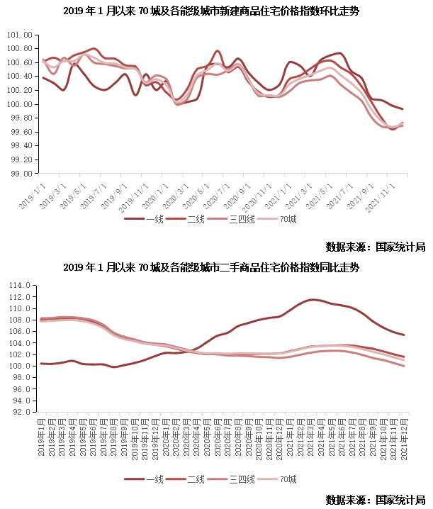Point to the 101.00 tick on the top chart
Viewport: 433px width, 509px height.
pos(20,35)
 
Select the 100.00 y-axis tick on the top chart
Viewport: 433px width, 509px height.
pos(20,104)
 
